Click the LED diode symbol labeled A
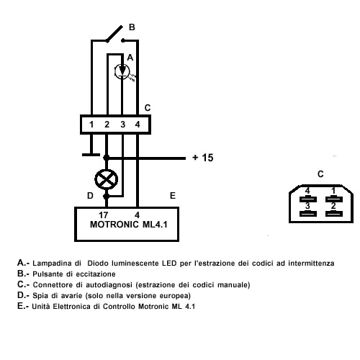pyautogui.click(x=122, y=71)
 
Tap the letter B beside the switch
pyautogui.click(x=132, y=27)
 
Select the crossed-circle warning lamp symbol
pyautogui.click(x=107, y=179)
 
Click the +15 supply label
pyautogui.click(x=203, y=158)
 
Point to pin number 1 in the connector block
pyautogui.click(x=91, y=125)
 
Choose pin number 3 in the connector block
pyautogui.click(x=122, y=125)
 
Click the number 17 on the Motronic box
pyautogui.click(x=104, y=215)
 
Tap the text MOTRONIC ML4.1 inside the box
pyautogui.click(x=128, y=225)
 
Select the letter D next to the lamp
pyautogui.click(x=90, y=196)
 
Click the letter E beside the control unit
pyautogui.click(x=173, y=196)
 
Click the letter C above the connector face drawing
pyautogui.click(x=320, y=174)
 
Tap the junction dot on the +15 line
pyautogui.click(x=106, y=158)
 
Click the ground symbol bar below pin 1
pyautogui.click(x=91, y=155)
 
